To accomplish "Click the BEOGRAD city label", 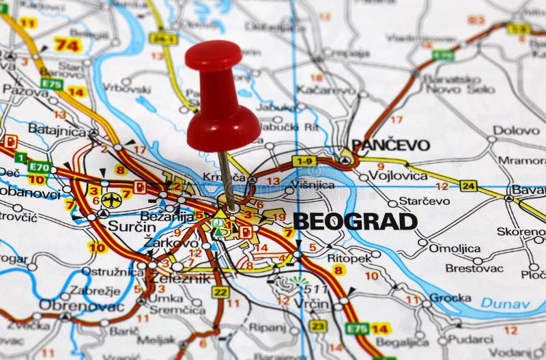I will coord(355,221).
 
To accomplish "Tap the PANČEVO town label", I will coord(391,145).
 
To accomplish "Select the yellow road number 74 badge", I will coord(68,45).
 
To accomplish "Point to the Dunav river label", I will coord(505,303).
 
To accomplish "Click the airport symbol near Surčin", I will coord(111,200).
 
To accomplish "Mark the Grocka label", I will coord(450,298).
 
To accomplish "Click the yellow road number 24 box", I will coord(468,186).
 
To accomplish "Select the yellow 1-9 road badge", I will coord(303,161).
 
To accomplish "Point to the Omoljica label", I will coord(455,249).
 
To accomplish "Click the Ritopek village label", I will coord(349,258).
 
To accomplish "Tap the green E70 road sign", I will coord(39,166).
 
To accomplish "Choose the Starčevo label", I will coord(425,201).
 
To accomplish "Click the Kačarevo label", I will coord(326,89).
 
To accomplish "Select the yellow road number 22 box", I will coord(220,292).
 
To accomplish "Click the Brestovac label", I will coord(474,268).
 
